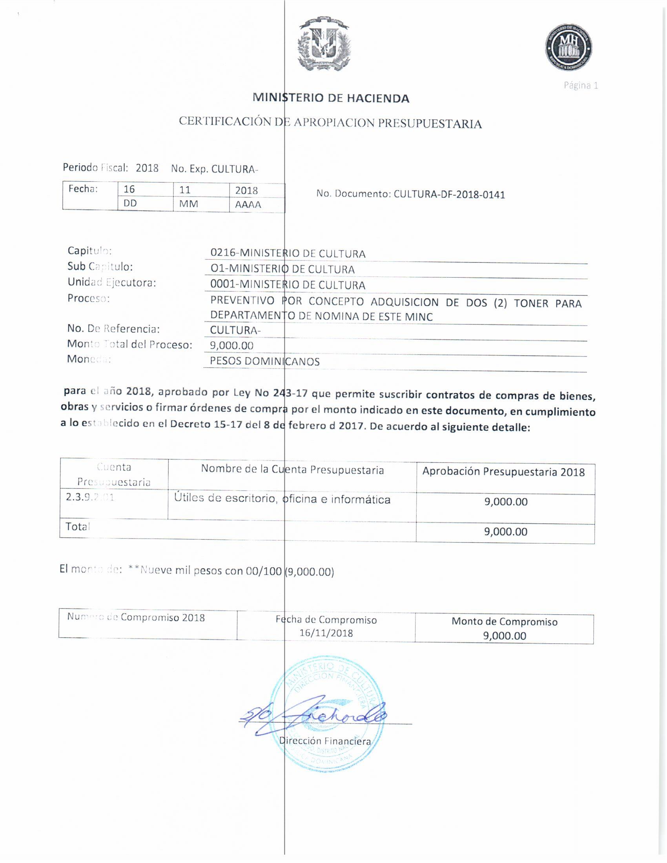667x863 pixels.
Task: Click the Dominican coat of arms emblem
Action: (324, 44)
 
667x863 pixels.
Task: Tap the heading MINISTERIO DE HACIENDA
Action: (331, 98)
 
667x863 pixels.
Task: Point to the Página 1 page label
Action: (580, 86)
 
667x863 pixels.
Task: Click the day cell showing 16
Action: (129, 189)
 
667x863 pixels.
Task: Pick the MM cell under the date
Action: (188, 204)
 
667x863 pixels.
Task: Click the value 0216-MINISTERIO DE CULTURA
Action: (288, 253)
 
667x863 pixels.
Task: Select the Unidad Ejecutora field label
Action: (112, 282)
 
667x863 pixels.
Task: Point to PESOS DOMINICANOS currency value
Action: (265, 361)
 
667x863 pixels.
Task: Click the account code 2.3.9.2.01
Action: (90, 497)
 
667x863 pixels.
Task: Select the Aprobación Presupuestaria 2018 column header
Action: (503, 472)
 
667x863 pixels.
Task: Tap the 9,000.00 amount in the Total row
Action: (506, 532)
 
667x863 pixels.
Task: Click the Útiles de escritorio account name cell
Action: (282, 499)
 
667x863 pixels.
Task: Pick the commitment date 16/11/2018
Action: (326, 633)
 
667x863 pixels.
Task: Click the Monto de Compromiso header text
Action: (505, 622)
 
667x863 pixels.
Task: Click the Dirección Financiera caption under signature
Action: (325, 741)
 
